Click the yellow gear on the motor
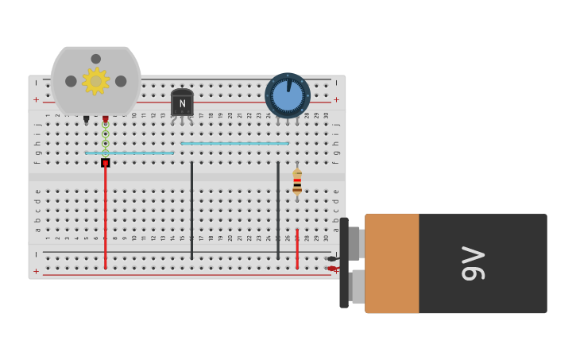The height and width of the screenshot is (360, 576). pyautogui.click(x=96, y=80)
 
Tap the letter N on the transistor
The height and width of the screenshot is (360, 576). pyautogui.click(x=182, y=104)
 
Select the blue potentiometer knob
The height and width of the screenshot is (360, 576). pyautogui.click(x=288, y=96)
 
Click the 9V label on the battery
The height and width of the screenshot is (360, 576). pyautogui.click(x=474, y=263)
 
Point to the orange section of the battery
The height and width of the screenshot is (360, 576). pyautogui.click(x=392, y=263)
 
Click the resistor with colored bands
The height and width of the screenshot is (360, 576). pyautogui.click(x=297, y=183)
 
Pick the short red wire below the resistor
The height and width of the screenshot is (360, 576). pyautogui.click(x=297, y=248)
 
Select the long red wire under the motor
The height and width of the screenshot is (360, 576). pyautogui.click(x=105, y=215)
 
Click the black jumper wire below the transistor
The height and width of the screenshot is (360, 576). pyautogui.click(x=191, y=210)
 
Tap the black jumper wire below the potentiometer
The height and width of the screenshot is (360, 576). pyautogui.click(x=278, y=210)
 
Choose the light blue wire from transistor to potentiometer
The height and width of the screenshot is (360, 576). pyautogui.click(x=234, y=144)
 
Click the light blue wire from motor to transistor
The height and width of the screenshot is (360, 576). pyautogui.click(x=130, y=153)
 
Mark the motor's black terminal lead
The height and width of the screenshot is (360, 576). pyautogui.click(x=87, y=119)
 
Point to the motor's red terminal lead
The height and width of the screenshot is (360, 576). pyautogui.click(x=105, y=119)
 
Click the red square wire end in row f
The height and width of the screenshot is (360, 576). pyautogui.click(x=105, y=163)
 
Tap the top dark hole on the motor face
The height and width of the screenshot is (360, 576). pyautogui.click(x=96, y=59)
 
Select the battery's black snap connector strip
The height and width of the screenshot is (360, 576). pyautogui.click(x=344, y=263)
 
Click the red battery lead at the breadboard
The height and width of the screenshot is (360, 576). pyautogui.click(x=331, y=269)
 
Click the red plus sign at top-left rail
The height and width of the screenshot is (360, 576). pyautogui.click(x=37, y=100)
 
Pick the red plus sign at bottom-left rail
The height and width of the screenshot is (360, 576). pyautogui.click(x=37, y=271)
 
